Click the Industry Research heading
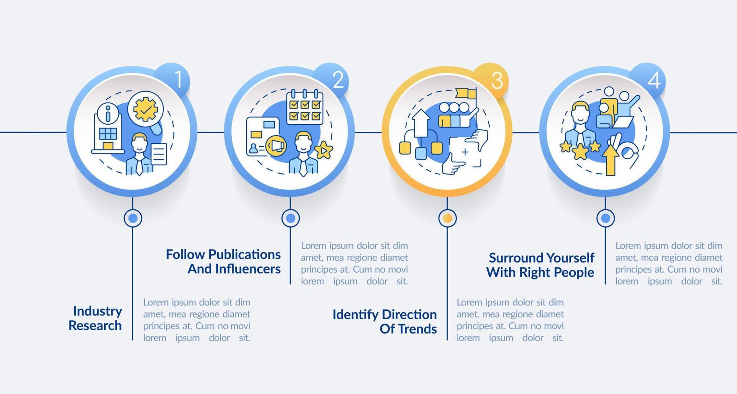click(x=95, y=318)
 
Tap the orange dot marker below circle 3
click(x=447, y=218)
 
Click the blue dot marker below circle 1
click(x=133, y=218)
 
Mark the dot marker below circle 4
click(x=605, y=218)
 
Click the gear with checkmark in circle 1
click(x=145, y=109)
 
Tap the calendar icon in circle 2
click(x=305, y=107)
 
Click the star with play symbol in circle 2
click(x=323, y=150)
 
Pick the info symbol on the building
click(x=107, y=113)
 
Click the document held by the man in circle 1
click(x=159, y=154)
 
